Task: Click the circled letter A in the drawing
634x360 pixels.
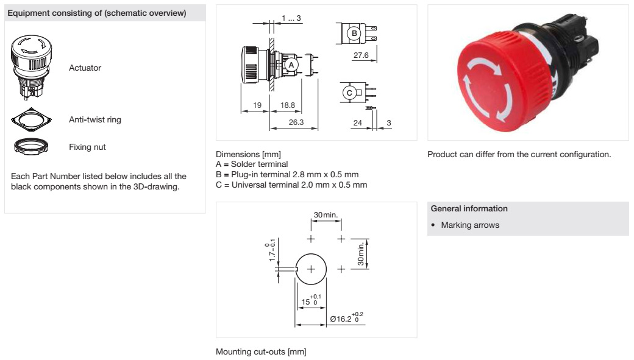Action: point(291,64)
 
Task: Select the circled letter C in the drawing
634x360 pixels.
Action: point(349,93)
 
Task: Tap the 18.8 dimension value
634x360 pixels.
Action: point(287,105)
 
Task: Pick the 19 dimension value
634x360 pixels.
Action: point(257,105)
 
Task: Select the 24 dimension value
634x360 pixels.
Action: point(358,122)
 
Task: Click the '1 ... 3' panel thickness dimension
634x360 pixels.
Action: point(291,19)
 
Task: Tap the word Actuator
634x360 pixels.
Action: point(85,68)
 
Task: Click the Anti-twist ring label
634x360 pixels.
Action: point(95,119)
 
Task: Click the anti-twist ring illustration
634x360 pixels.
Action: point(32,119)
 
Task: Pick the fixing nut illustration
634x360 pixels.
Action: point(32,146)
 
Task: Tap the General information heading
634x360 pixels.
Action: point(468,208)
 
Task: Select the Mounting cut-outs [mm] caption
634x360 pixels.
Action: point(261,351)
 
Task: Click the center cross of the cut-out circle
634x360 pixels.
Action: point(311,269)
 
